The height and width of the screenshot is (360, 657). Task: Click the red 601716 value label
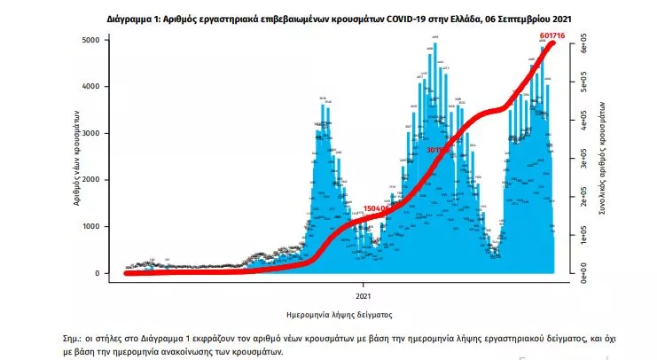pyautogui.click(x=551, y=35)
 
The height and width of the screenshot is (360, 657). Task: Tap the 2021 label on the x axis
pyautogui.click(x=364, y=295)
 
